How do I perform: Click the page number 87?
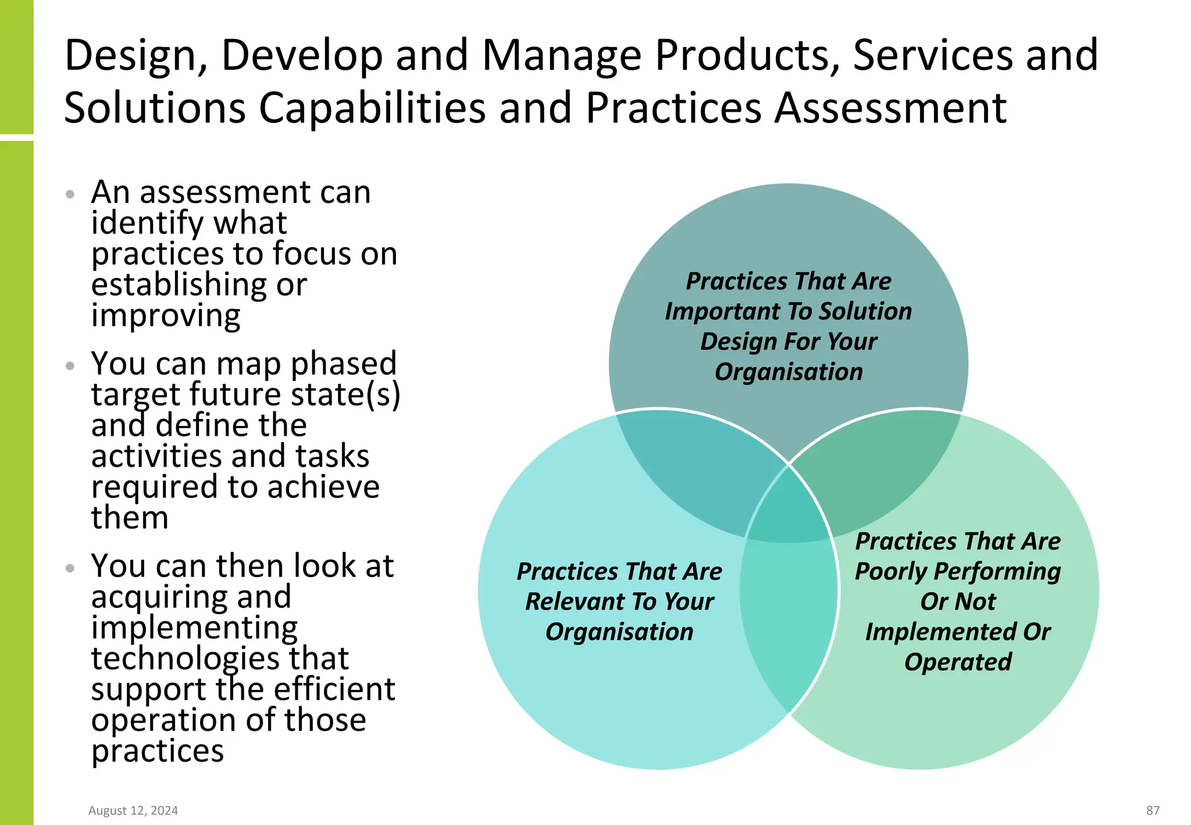click(x=1153, y=810)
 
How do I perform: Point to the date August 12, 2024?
click(x=133, y=810)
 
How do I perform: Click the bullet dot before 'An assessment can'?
click(x=70, y=194)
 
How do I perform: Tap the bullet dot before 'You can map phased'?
click(x=70, y=366)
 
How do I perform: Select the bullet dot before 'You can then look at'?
click(x=70, y=568)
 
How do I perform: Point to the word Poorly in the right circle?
click(x=890, y=572)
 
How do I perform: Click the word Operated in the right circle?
click(x=958, y=662)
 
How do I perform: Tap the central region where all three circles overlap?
click(x=789, y=512)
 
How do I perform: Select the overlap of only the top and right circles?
click(x=878, y=465)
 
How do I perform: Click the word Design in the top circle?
click(x=729, y=342)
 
